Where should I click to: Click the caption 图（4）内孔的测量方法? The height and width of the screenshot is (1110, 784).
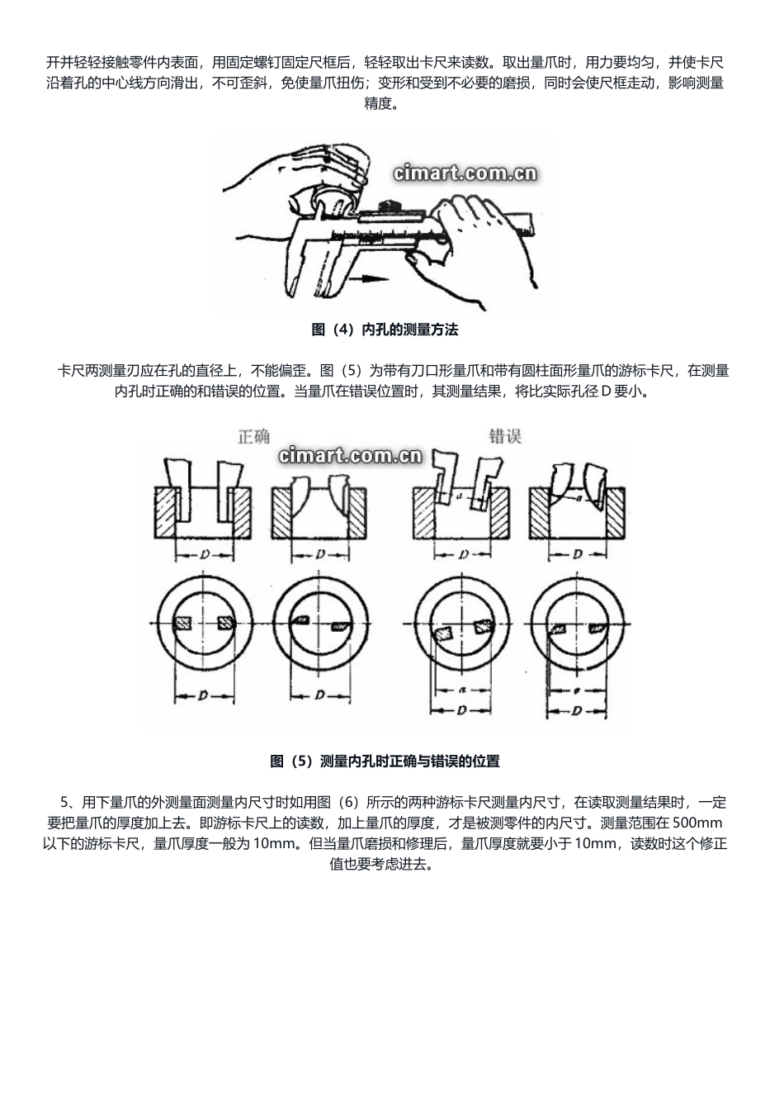tap(385, 330)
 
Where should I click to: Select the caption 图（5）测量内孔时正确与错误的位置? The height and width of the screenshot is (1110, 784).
tap(385, 761)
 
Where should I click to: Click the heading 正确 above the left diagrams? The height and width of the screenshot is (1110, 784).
tap(253, 436)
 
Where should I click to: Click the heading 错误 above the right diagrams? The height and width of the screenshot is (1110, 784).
tap(504, 436)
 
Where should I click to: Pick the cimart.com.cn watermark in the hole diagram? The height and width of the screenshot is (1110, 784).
tap(350, 456)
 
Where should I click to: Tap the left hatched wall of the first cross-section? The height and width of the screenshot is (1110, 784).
tap(166, 512)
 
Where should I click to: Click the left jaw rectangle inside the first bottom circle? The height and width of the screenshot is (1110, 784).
tap(185, 624)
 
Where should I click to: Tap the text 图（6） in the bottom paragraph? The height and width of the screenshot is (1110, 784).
tap(340, 802)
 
